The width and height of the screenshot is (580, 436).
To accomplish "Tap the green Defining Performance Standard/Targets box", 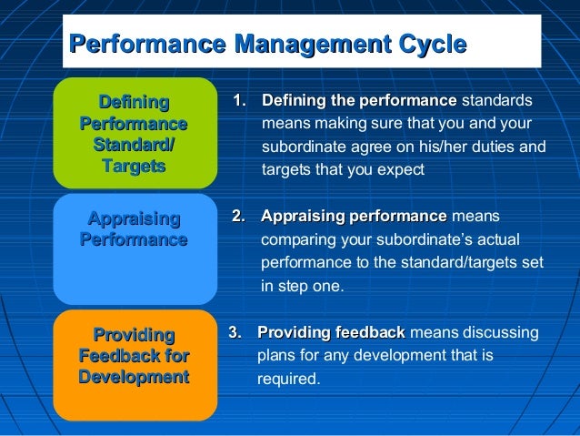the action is click(135, 133).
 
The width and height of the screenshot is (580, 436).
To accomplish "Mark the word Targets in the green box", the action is click(134, 166).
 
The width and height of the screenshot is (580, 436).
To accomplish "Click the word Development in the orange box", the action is click(134, 377).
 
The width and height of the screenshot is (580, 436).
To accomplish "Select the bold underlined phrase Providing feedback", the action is click(331, 333).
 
